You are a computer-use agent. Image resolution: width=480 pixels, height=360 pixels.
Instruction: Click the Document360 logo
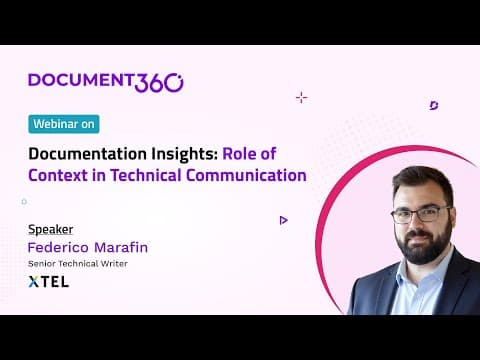pos(106,82)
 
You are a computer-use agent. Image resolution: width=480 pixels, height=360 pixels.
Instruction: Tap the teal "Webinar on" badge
pos(64,124)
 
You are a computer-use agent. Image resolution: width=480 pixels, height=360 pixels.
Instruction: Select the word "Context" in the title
pos(58,175)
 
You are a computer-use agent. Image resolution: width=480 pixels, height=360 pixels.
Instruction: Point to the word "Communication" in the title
pos(246,175)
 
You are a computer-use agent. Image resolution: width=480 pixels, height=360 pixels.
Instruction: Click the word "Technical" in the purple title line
pos(146,175)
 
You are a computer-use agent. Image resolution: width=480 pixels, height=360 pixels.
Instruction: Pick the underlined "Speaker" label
pos(51,229)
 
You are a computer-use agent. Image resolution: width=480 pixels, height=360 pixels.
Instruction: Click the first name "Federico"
pos(58,247)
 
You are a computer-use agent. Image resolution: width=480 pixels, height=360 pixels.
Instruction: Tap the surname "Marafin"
pos(121,247)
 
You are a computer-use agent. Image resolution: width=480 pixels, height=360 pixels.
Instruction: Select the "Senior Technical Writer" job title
pos(78,264)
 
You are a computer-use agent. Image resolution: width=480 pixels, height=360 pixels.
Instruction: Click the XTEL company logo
pos(49,282)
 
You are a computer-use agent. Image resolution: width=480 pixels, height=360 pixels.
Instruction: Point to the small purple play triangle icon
pos(283,220)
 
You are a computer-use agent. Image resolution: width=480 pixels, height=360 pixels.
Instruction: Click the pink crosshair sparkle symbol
pos(301,98)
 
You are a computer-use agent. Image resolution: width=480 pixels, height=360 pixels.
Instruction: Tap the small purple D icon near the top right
pos(434,106)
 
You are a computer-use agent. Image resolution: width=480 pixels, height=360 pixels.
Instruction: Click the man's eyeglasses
pos(421,215)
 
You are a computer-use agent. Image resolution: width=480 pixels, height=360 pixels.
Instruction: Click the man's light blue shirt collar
pos(421,272)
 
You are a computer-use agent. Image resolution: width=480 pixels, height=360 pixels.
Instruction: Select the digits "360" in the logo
pos(159,83)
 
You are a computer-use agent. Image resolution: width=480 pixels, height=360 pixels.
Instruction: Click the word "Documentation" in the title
pos(88,154)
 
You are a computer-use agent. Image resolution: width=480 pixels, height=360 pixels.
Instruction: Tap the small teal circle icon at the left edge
pos(24,202)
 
